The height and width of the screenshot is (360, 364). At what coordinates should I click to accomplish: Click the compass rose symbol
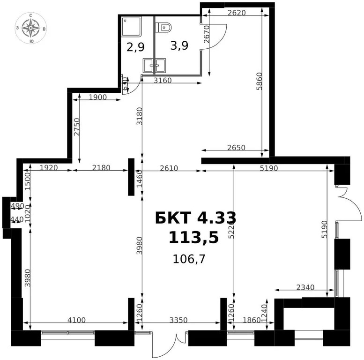pyautogui.click(x=31, y=29)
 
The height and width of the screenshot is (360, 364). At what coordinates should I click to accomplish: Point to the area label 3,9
pyautogui.click(x=179, y=46)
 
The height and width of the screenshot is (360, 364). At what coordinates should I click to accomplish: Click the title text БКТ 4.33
pyautogui.click(x=195, y=218)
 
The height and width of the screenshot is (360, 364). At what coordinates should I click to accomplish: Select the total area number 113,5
pyautogui.click(x=194, y=238)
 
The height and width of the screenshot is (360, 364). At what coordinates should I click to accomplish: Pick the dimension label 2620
pyautogui.click(x=237, y=13)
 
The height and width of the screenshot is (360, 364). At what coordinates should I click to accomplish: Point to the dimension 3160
pyautogui.click(x=163, y=81)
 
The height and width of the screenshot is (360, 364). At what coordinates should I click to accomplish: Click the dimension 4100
pyautogui.click(x=76, y=320)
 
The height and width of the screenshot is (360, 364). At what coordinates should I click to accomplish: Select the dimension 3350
pyautogui.click(x=178, y=320)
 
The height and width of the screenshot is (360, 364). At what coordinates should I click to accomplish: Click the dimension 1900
pyautogui.click(x=97, y=97)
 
